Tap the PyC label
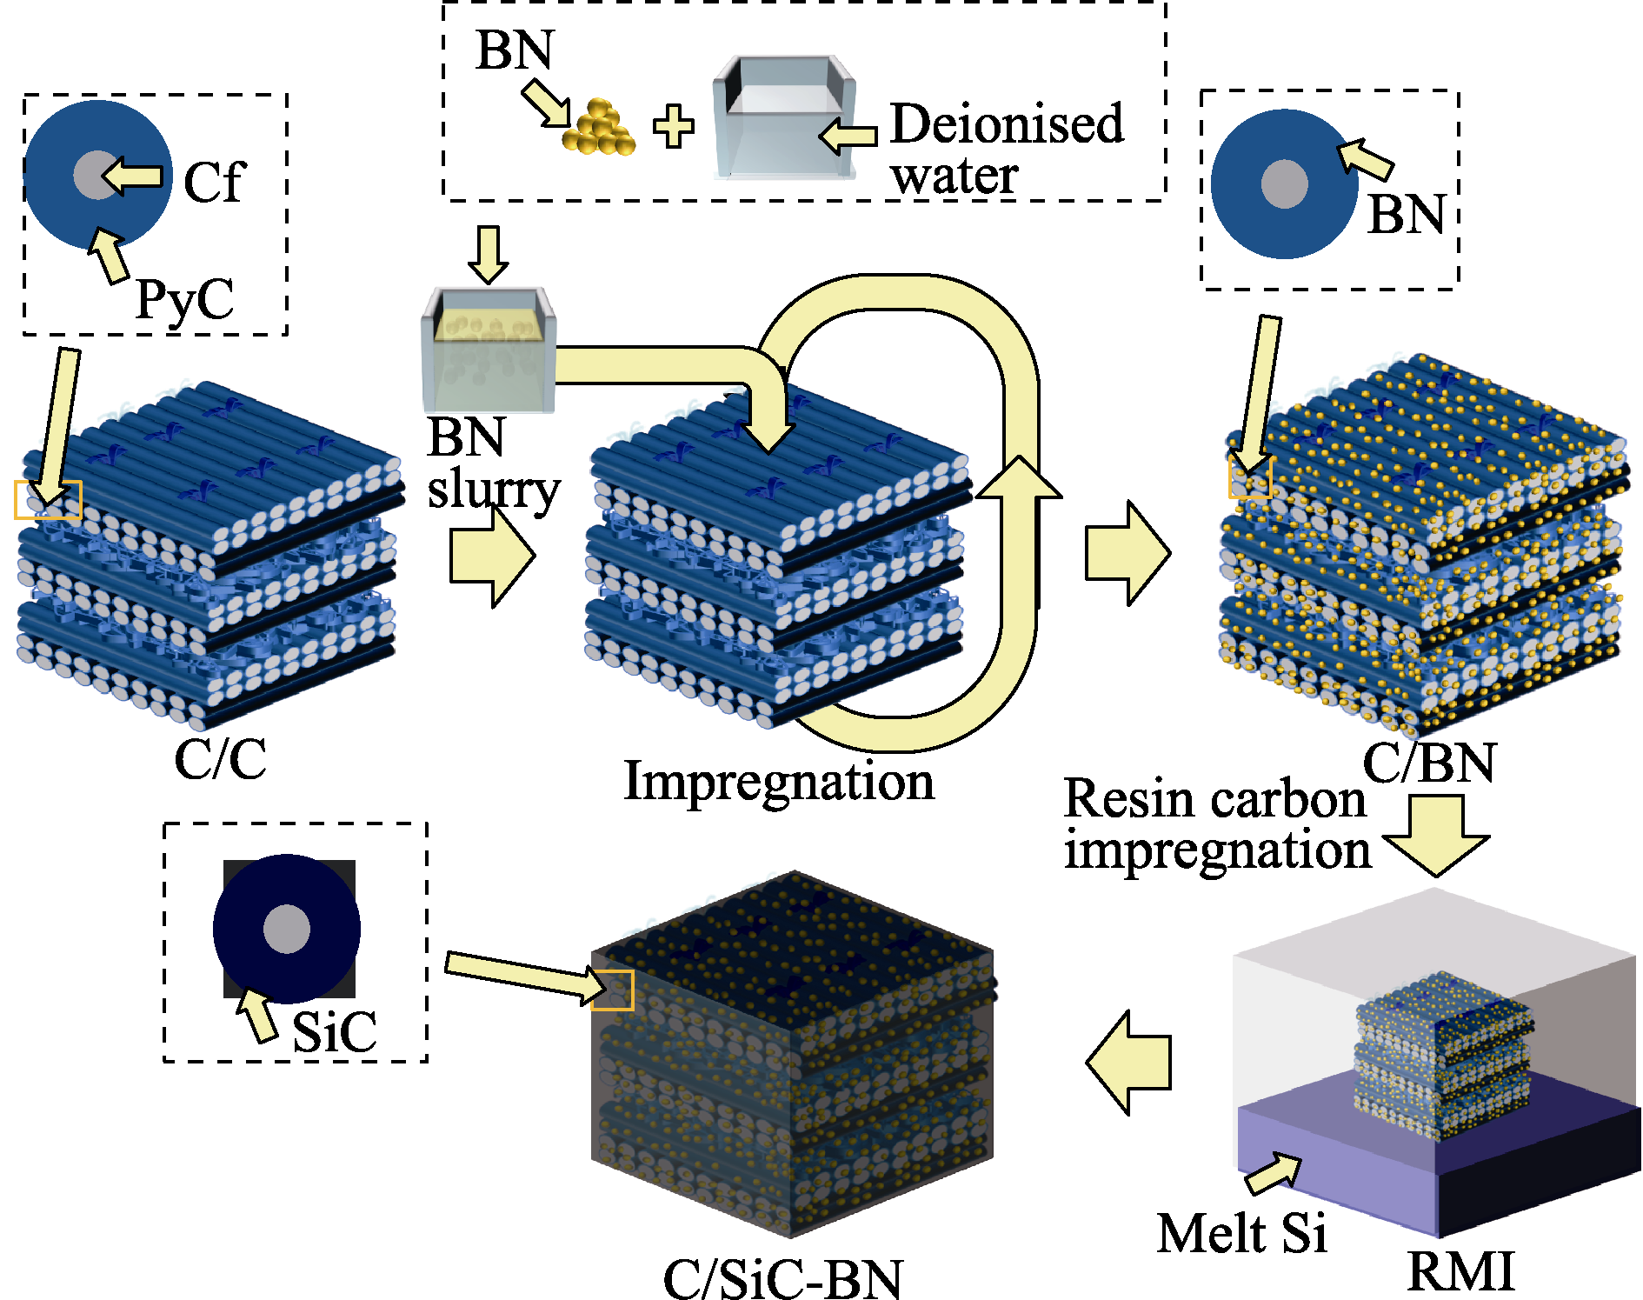click(184, 300)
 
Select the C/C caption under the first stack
click(220, 758)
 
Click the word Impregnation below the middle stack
click(779, 780)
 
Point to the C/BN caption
click(1429, 763)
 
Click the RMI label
click(1460, 1270)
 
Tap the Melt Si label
click(1241, 1233)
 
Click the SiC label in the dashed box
click(334, 1032)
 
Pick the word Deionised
click(1007, 123)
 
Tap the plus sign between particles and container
click(674, 127)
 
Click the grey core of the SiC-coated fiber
click(287, 929)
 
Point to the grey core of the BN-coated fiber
click(1284, 183)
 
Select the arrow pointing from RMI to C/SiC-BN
click(1127, 1062)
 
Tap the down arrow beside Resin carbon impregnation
click(1436, 836)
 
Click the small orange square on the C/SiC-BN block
click(613, 990)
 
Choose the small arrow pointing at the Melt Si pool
click(1274, 1173)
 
